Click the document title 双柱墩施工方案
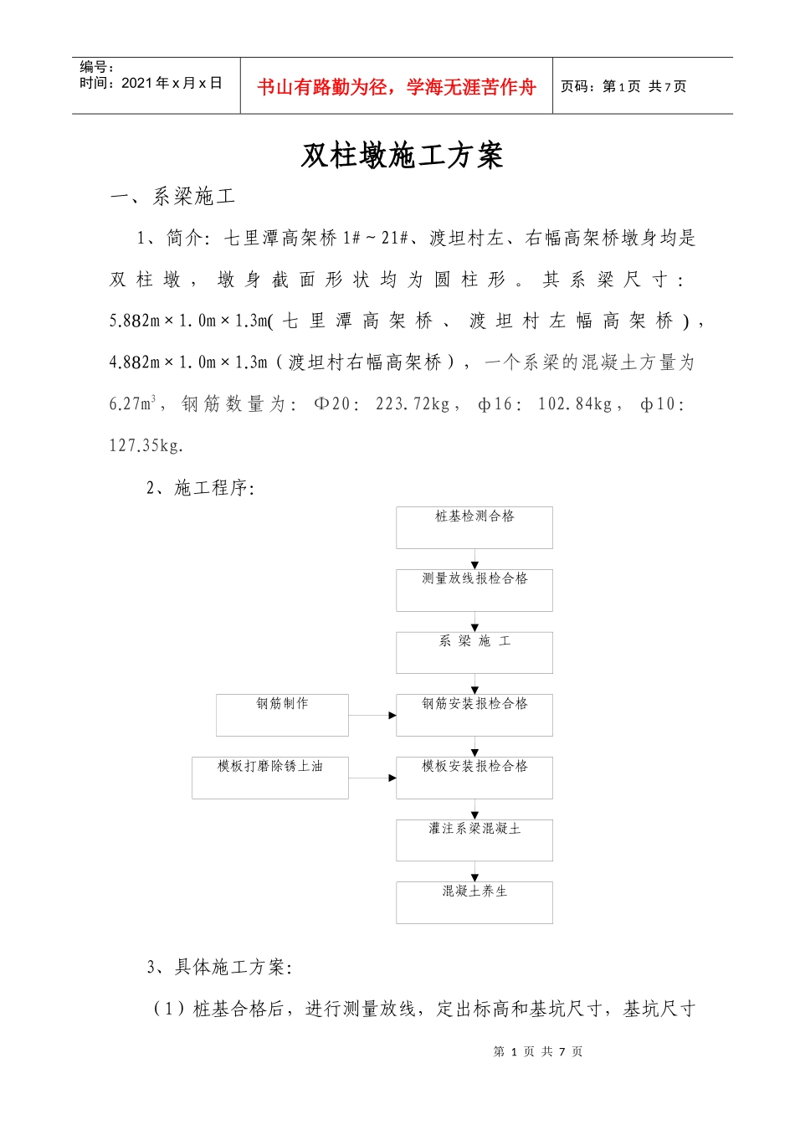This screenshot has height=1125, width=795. (x=402, y=156)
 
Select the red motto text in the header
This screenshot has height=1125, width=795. (x=396, y=87)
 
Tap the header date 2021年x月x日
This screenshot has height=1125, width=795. (x=172, y=83)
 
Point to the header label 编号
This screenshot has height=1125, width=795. (x=96, y=67)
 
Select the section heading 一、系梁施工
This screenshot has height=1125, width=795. (x=173, y=197)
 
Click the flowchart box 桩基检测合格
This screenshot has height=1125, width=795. (x=474, y=527)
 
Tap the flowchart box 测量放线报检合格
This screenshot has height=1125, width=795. (x=474, y=590)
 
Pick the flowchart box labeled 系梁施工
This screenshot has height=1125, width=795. (x=474, y=652)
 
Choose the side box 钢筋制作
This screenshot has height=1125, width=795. (x=282, y=715)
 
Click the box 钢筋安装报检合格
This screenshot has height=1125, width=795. (x=474, y=715)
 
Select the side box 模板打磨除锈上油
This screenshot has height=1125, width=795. (x=269, y=778)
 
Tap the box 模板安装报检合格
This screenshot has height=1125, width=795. (x=474, y=778)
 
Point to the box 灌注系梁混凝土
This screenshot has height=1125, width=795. (x=474, y=840)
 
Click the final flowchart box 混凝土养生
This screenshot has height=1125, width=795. (x=474, y=902)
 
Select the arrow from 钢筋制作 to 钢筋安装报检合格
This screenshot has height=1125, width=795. (x=372, y=716)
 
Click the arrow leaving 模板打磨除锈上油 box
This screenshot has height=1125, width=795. (x=372, y=778)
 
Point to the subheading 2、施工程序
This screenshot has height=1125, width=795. (x=200, y=488)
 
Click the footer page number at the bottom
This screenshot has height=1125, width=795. (x=538, y=1051)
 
